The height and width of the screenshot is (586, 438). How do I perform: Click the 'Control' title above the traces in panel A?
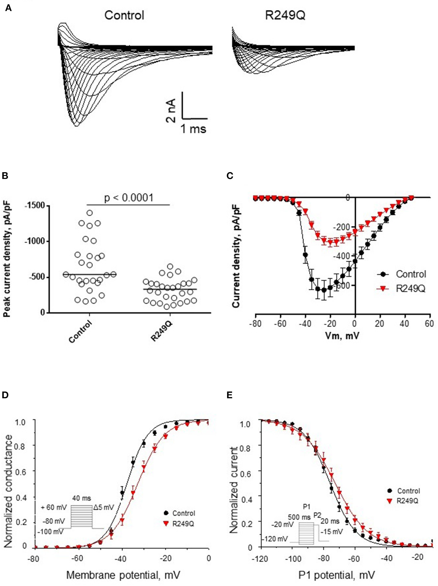pyautogui.click(x=124, y=15)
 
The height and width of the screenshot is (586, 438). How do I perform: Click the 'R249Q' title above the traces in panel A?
pyautogui.click(x=285, y=15)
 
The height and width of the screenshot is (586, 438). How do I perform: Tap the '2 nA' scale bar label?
pyautogui.click(x=171, y=111)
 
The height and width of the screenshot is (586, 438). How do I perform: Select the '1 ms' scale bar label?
pyautogui.click(x=193, y=129)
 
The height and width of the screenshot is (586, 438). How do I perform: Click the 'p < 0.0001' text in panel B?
pyautogui.click(x=129, y=197)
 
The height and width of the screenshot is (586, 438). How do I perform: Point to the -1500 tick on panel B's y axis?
pyautogui.click(x=35, y=206)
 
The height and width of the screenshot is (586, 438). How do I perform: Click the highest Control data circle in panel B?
pyautogui.click(x=90, y=213)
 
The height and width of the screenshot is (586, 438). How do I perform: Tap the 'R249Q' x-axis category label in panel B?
pyautogui.click(x=162, y=331)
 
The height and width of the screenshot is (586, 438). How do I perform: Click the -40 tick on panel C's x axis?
pyautogui.click(x=305, y=324)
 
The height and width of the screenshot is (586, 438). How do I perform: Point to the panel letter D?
pyautogui.click(x=5, y=395)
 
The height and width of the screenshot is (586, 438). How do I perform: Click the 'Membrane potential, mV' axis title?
pyautogui.click(x=123, y=575)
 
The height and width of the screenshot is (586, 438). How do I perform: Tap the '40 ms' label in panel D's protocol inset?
pyautogui.click(x=82, y=498)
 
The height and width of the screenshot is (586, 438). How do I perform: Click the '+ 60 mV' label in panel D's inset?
pyautogui.click(x=54, y=507)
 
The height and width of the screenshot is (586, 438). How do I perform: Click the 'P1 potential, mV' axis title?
pyautogui.click(x=336, y=575)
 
